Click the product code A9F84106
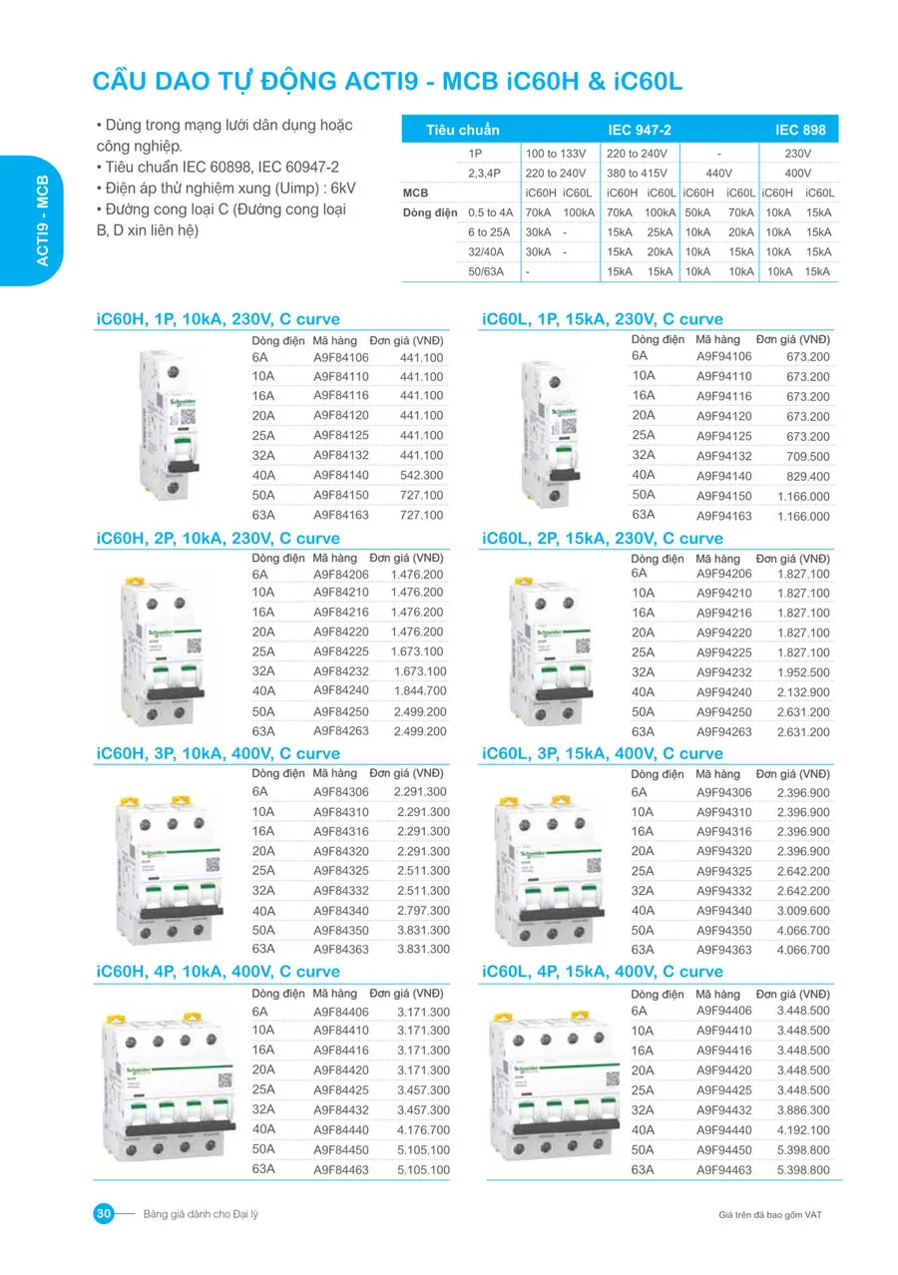[x=341, y=357]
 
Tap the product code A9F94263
[x=723, y=732]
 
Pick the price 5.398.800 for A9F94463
[x=802, y=1169]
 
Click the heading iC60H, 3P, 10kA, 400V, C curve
[x=218, y=753]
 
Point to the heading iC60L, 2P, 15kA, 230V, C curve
[x=602, y=539]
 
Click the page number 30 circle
[x=104, y=1213]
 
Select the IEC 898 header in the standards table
[x=800, y=130]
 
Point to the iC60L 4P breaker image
[x=551, y=1082]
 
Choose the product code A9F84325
[x=341, y=871]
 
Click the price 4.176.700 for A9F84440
[x=423, y=1129]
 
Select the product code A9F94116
[x=723, y=396]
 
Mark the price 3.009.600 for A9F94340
[x=802, y=911]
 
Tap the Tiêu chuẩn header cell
[x=462, y=130]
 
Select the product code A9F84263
[x=341, y=730]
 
